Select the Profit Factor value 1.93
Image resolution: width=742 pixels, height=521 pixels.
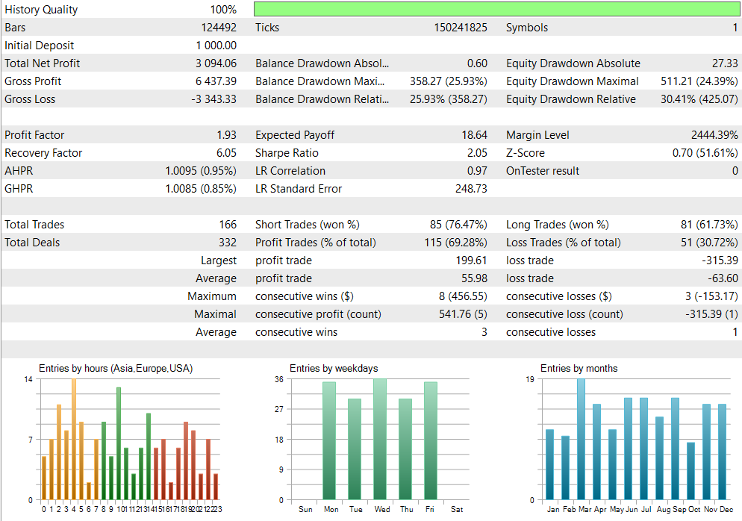(x=226, y=135)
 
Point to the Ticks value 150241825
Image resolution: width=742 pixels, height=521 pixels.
(x=461, y=28)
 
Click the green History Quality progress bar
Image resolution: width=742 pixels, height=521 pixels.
(x=496, y=10)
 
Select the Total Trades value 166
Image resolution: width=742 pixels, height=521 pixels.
(x=227, y=225)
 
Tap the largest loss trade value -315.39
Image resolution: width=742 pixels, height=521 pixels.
(x=717, y=260)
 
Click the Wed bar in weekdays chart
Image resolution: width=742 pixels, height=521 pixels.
(x=380, y=439)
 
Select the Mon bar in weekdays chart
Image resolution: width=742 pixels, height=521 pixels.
(x=329, y=440)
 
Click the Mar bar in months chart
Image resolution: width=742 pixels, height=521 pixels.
(x=581, y=439)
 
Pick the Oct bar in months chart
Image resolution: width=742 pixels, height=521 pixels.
(x=690, y=471)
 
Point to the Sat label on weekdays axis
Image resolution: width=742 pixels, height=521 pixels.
(x=457, y=510)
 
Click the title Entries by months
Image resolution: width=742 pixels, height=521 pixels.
(x=579, y=368)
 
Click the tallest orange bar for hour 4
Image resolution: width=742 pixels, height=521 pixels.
(x=73, y=439)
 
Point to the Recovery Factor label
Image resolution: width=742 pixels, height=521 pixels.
(x=43, y=153)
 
